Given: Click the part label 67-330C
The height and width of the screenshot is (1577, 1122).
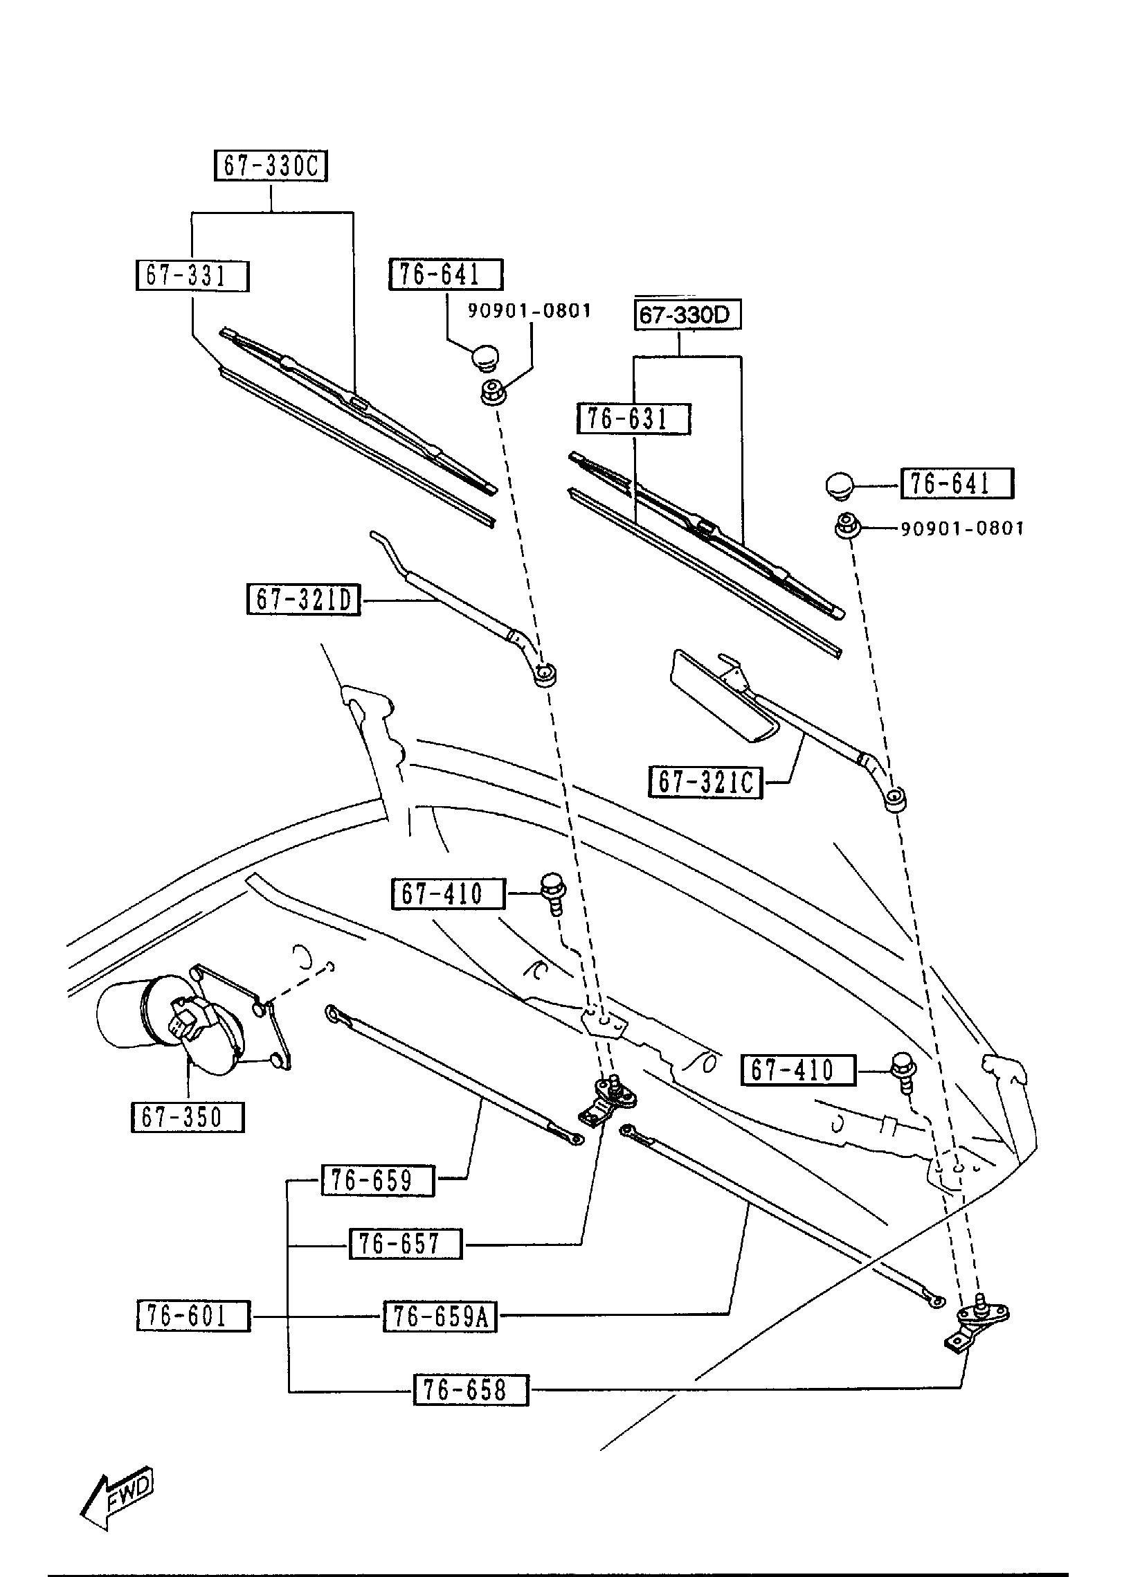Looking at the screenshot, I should coord(271,166).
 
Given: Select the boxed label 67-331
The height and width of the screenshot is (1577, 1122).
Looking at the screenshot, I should coord(192,276).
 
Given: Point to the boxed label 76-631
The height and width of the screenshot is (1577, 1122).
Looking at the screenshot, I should coord(634,419).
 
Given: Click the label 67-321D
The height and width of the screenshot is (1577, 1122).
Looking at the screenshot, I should coord(304,600).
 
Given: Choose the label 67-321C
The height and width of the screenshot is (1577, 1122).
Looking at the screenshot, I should coord(705,783).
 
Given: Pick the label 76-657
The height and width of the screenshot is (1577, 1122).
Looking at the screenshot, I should coord(405,1244).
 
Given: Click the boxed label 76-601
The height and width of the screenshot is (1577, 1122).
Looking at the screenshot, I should coord(193,1316).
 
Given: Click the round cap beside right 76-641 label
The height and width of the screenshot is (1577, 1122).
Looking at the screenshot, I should coord(840,484).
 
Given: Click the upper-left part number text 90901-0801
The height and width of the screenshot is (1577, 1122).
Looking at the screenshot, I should coord(530,311).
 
